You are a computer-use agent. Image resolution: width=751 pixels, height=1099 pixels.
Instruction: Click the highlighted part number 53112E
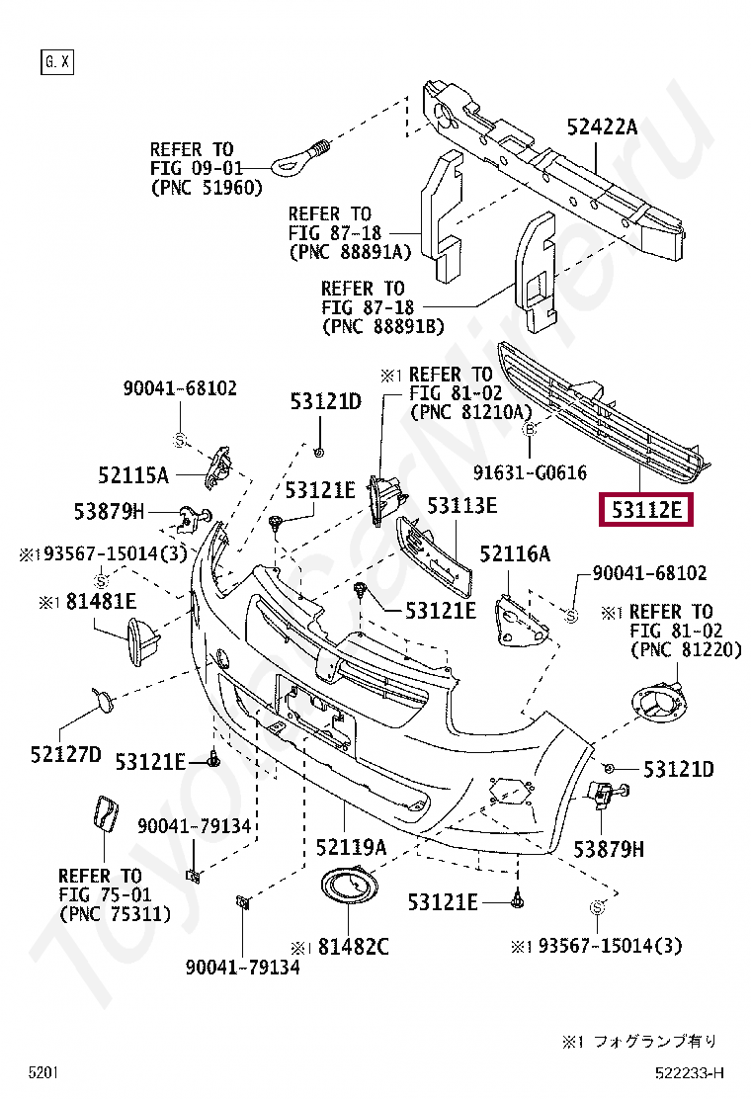(646, 510)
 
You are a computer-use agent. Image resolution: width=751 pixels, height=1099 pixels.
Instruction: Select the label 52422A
(602, 127)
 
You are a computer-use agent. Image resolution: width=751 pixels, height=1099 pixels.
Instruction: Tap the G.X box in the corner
(56, 62)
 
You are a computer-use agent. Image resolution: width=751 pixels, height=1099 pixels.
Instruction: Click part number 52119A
(351, 846)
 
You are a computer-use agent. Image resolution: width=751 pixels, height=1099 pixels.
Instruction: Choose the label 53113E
(461, 506)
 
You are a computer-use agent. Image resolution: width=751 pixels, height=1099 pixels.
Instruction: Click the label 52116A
(515, 553)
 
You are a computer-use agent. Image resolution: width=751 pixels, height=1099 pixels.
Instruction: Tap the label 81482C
(353, 946)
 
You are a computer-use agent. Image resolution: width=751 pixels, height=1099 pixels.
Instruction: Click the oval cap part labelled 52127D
(103, 701)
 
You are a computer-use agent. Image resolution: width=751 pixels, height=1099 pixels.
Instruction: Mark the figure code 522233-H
(689, 1072)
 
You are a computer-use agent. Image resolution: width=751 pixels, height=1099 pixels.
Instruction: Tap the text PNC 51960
(203, 185)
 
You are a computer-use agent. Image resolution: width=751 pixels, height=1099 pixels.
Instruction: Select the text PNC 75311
(115, 914)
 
